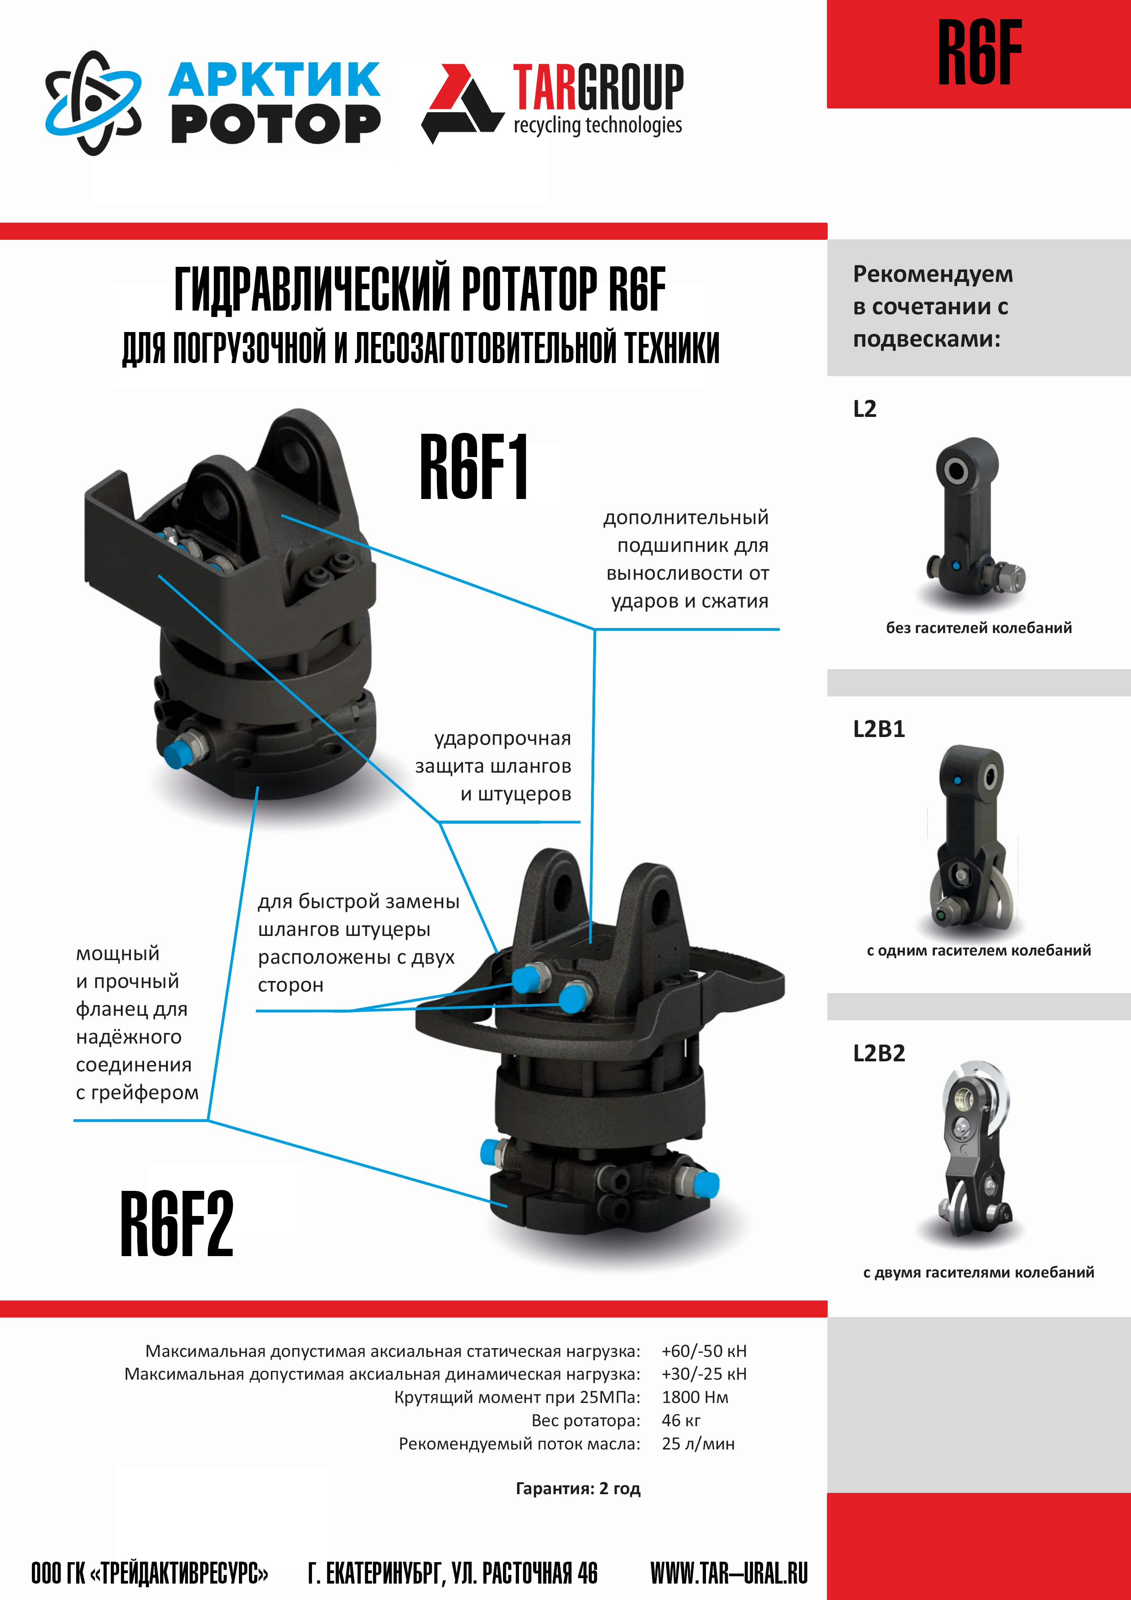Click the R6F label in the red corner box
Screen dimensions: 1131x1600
(x=980, y=52)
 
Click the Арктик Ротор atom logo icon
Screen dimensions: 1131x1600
(x=93, y=103)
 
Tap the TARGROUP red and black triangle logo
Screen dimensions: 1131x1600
(x=463, y=103)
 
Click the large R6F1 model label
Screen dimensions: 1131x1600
(x=474, y=467)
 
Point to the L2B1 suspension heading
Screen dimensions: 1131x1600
(x=879, y=729)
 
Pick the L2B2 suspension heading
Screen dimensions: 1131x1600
(x=879, y=1053)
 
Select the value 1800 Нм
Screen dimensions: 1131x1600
(x=695, y=1397)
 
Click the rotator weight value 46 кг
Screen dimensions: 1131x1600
(x=681, y=1420)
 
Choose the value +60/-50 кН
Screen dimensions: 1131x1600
(x=704, y=1351)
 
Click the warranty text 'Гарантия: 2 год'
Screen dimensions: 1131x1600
(x=578, y=1489)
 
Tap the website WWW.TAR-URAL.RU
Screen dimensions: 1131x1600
(x=729, y=1573)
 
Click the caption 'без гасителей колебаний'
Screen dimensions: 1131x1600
(x=978, y=628)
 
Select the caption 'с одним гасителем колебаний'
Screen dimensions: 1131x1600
(x=978, y=951)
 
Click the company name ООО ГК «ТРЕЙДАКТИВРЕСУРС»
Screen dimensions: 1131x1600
(x=150, y=1573)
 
